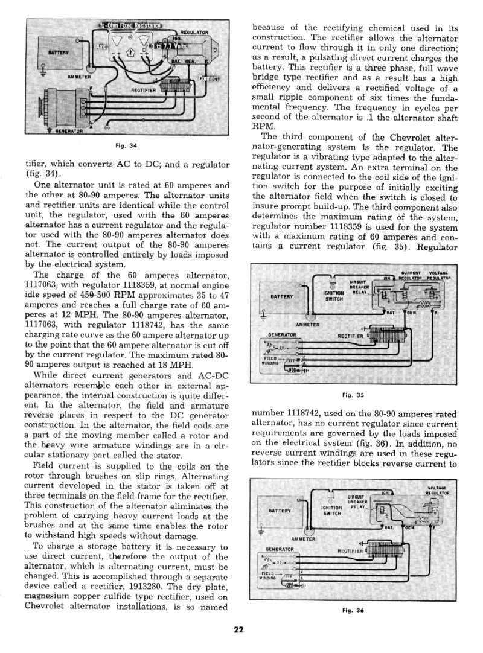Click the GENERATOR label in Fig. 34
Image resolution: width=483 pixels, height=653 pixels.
pos(68,130)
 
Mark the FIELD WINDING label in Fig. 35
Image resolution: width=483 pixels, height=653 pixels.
pos(270,361)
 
